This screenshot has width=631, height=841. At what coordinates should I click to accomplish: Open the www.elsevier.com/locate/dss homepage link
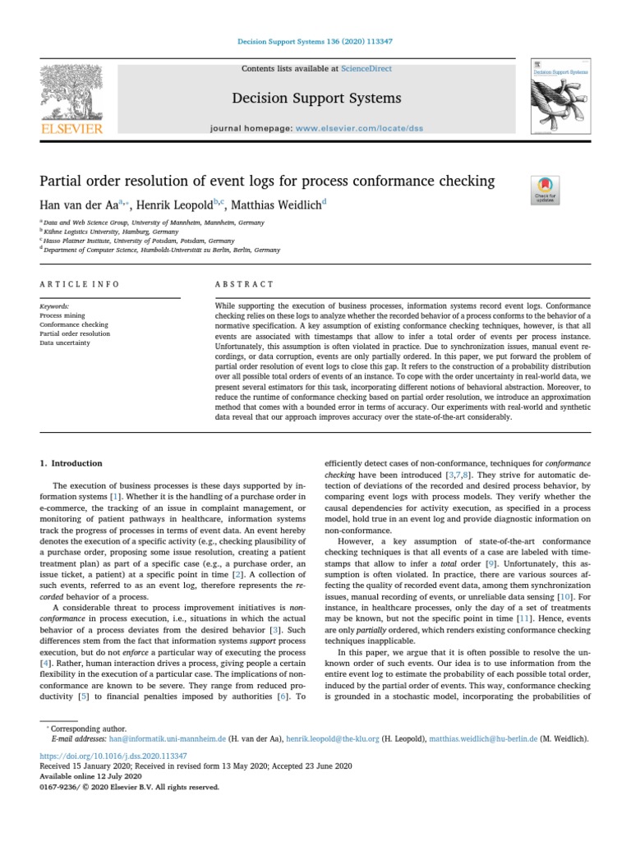349,130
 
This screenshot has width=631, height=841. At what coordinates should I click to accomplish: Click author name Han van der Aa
79,203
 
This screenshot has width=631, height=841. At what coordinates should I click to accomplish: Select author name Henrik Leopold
170,203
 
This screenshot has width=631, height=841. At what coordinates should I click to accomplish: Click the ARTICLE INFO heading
80,284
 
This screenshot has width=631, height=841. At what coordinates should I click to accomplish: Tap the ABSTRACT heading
244,284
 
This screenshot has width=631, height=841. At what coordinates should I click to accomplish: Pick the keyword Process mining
62,315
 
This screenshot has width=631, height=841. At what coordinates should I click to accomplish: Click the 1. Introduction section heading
71,463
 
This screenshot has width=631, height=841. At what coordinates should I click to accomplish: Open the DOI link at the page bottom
113,755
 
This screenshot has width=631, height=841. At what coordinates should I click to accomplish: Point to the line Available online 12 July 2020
91,776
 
